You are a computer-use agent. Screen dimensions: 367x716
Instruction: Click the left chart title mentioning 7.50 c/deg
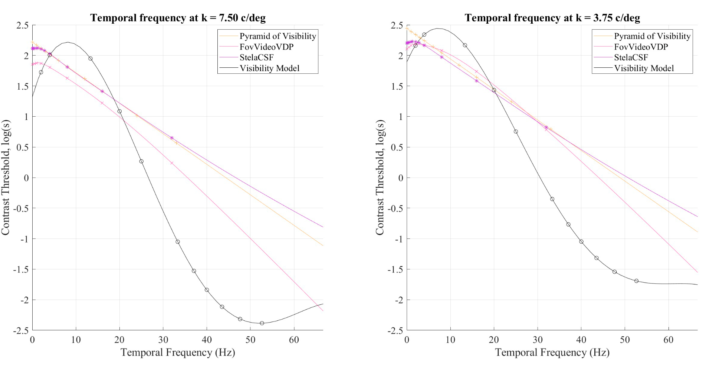pyautogui.click(x=178, y=18)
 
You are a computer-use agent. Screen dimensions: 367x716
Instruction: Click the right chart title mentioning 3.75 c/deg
pyautogui.click(x=552, y=18)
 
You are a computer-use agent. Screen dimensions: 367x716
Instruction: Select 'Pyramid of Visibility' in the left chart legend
pyautogui.click(x=277, y=36)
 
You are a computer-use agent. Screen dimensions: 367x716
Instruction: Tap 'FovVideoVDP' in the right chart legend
pyautogui.click(x=641, y=47)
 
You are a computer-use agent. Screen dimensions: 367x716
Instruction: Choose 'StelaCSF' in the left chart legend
pyautogui.click(x=256, y=57)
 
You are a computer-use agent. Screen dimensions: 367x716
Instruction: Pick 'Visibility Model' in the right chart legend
pyautogui.click(x=644, y=68)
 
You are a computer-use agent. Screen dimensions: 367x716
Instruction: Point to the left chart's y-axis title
pyautogui.click(x=6, y=177)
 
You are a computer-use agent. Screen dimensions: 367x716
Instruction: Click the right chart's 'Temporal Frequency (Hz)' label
pyautogui.click(x=552, y=352)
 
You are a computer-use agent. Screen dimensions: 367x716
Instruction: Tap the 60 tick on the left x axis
pyautogui.click(x=294, y=340)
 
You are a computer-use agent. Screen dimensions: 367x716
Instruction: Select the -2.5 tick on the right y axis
pyautogui.click(x=395, y=330)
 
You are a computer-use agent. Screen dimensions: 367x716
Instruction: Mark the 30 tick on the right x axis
pyautogui.click(x=538, y=340)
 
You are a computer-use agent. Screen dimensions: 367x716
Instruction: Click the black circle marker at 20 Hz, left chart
pyautogui.click(x=119, y=111)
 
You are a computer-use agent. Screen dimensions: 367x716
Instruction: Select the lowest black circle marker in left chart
pyautogui.click(x=262, y=323)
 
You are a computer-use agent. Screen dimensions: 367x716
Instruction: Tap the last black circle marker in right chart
pyautogui.click(x=636, y=281)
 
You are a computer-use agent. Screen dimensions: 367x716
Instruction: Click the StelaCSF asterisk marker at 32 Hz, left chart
pyautogui.click(x=172, y=138)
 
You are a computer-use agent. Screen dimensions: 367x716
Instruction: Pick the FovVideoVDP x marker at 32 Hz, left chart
pyautogui.click(x=172, y=163)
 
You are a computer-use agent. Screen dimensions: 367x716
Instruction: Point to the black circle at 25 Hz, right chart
pyautogui.click(x=516, y=131)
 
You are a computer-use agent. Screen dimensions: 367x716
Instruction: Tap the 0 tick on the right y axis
pyautogui.click(x=400, y=178)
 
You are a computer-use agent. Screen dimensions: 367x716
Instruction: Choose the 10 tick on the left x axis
pyautogui.click(x=76, y=340)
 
